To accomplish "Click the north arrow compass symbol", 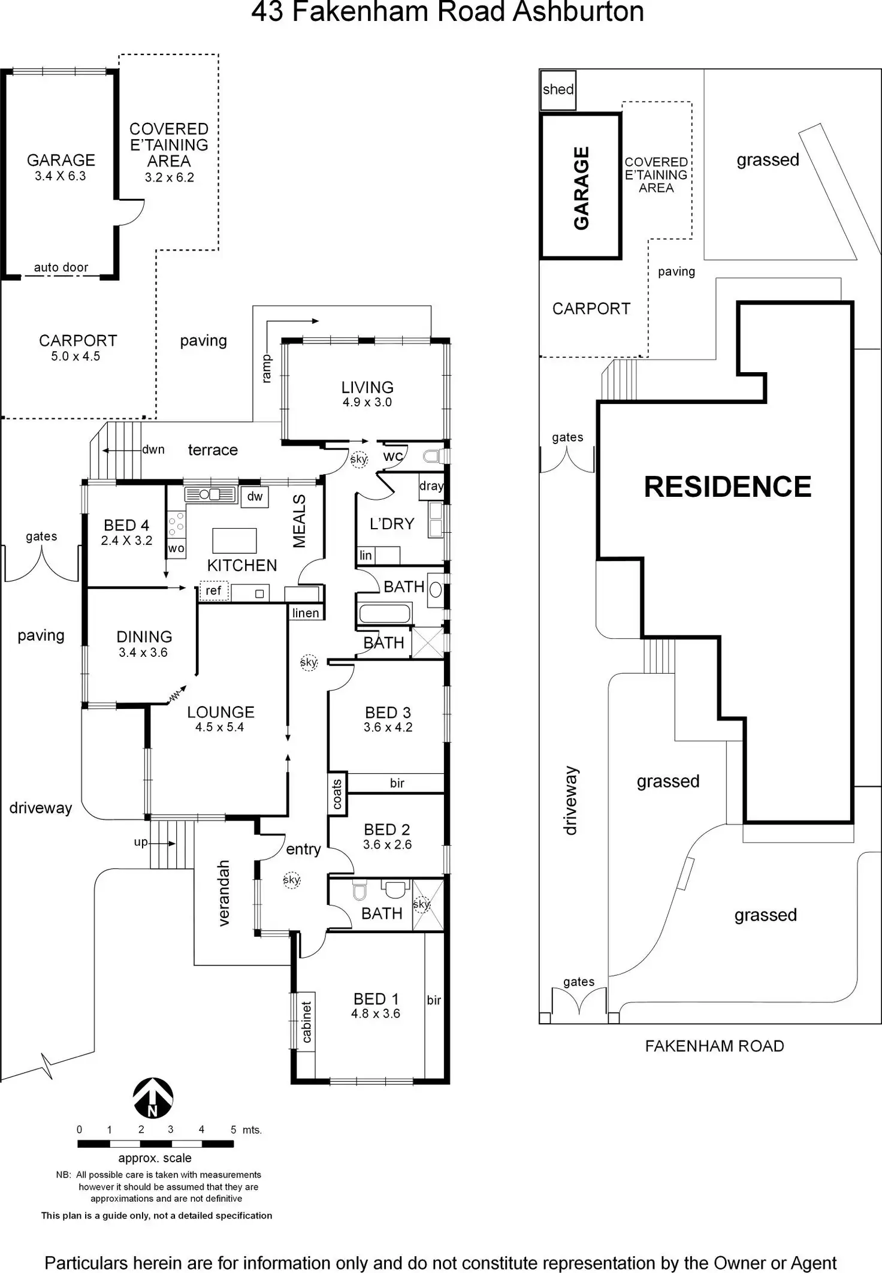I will (153, 1098).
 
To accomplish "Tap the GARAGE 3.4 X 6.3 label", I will (61, 167).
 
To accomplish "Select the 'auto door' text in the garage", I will (61, 267).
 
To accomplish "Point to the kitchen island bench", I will (235, 540).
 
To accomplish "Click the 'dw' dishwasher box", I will (255, 496).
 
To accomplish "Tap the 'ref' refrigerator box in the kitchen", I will (213, 591).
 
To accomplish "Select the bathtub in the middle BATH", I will (384, 614).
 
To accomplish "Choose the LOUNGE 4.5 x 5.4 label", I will (220, 719).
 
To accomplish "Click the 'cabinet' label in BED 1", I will (306, 1022).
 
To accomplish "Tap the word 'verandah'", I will (223, 893).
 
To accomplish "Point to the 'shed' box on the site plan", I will (558, 90).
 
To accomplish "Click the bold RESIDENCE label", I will (727, 487).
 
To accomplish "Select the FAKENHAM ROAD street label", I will (714, 1046).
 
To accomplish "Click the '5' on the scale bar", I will (233, 1129).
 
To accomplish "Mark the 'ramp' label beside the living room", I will (267, 368).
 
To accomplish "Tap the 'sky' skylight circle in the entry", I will (292, 880).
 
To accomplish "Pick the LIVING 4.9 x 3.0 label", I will (367, 394).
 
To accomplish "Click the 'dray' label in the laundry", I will (431, 486).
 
